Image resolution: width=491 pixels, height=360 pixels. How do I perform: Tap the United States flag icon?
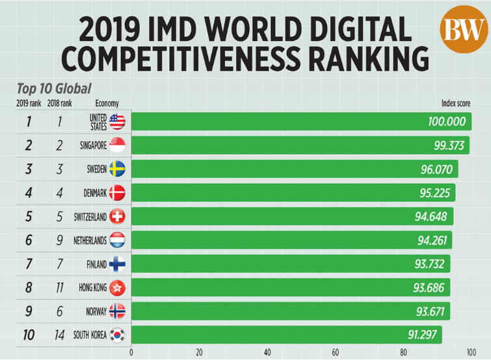tap(117, 122)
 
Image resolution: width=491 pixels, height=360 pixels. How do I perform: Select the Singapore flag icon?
tap(117, 146)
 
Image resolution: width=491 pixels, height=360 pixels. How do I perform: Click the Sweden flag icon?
tap(117, 169)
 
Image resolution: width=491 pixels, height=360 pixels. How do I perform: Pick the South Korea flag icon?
tap(117, 335)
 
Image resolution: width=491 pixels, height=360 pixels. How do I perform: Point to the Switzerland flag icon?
tap(117, 216)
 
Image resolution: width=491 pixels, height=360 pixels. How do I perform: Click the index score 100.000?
tap(447, 122)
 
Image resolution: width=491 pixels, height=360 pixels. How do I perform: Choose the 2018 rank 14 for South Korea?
tap(60, 335)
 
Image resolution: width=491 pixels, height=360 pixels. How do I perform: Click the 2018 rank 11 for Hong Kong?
tap(60, 288)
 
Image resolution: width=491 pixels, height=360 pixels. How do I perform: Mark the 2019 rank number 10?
tap(28, 335)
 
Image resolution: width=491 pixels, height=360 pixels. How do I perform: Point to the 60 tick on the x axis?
tap(336, 353)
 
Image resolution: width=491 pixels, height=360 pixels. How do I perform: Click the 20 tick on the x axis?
tap(199, 353)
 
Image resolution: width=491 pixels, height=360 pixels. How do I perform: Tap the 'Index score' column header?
tap(456, 103)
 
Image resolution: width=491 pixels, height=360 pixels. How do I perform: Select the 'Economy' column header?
tap(107, 103)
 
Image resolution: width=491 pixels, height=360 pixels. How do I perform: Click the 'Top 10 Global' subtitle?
tap(54, 88)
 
